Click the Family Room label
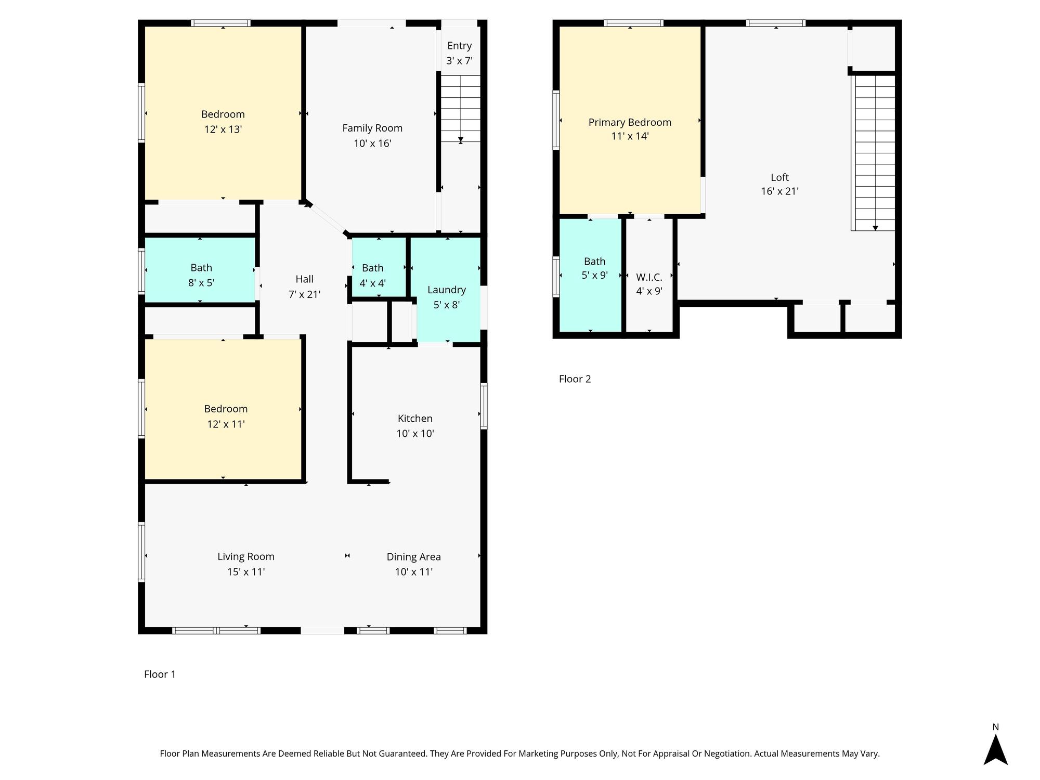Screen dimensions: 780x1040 [372, 128]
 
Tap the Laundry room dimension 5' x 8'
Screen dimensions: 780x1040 [446, 305]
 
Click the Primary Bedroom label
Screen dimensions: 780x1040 [630, 122]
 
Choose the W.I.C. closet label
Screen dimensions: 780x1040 [649, 277]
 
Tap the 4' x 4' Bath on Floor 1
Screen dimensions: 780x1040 [373, 275]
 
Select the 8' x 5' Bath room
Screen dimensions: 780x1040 [201, 275]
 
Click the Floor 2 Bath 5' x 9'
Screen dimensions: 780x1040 [594, 268]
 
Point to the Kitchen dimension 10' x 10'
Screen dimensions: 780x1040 [415, 433]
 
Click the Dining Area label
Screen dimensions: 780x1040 [413, 557]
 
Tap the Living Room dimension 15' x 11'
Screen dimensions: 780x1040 [246, 571]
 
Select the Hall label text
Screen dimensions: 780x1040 [304, 279]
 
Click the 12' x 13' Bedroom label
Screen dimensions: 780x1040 [223, 114]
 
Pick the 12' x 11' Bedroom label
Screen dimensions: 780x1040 [226, 409]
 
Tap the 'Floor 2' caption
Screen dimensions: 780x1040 [575, 379]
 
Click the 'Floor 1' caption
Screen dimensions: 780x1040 [160, 674]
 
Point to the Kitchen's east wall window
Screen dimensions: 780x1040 [484, 406]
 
